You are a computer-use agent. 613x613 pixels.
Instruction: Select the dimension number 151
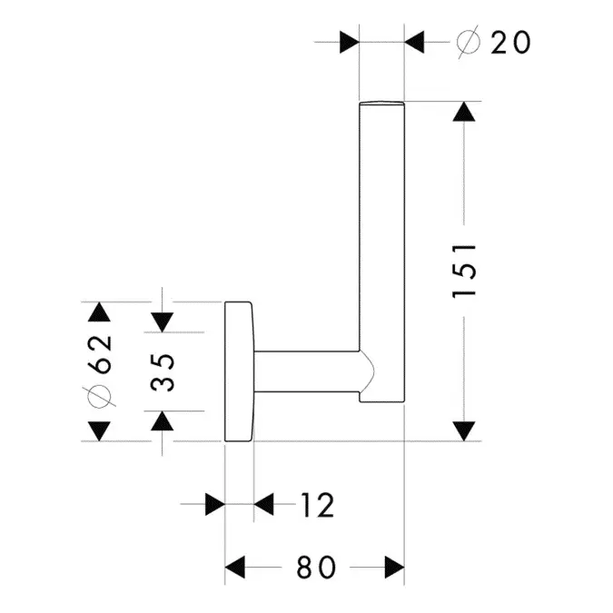tap(464, 271)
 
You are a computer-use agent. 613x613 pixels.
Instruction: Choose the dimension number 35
tap(163, 371)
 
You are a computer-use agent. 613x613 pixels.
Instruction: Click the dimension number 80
tap(315, 568)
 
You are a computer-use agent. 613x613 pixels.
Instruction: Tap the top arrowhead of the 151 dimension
tap(464, 114)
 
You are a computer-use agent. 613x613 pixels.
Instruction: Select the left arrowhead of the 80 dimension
tap(237, 568)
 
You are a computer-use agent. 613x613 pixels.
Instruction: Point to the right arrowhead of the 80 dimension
tap(392, 568)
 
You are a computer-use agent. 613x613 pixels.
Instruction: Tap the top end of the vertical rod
tap(382, 102)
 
